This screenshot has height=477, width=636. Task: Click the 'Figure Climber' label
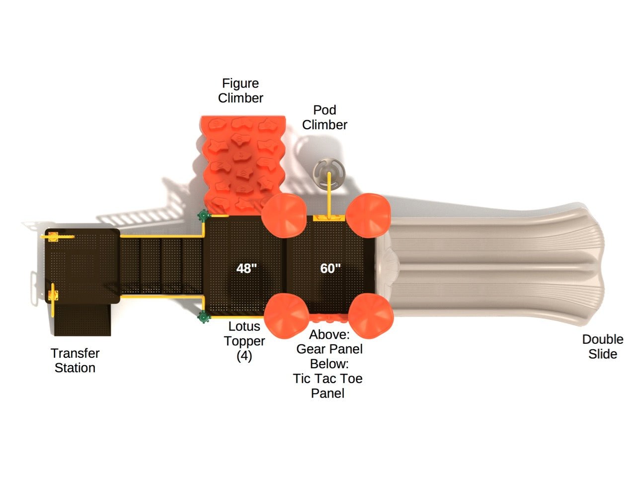pos(240,91)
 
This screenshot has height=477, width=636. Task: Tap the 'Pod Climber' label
pos(324,117)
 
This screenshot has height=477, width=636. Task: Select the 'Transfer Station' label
pos(75,361)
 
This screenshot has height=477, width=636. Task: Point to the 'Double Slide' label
pos(602,347)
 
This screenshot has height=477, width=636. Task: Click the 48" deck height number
pos(246,268)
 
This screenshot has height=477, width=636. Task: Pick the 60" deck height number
pos(330,268)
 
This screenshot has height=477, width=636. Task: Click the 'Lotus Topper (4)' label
pos(244,341)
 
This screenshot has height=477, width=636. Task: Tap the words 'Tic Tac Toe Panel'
pos(327,386)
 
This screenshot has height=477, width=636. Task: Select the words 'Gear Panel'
pos(329,349)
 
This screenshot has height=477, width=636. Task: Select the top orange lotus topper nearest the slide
pos(368,215)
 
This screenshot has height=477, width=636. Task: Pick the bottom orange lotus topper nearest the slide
pos(371,316)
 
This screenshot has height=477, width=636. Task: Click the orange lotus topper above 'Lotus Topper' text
pos(286,316)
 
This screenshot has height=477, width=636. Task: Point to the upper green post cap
pos(203,216)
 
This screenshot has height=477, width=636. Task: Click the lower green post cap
pos(203,317)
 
